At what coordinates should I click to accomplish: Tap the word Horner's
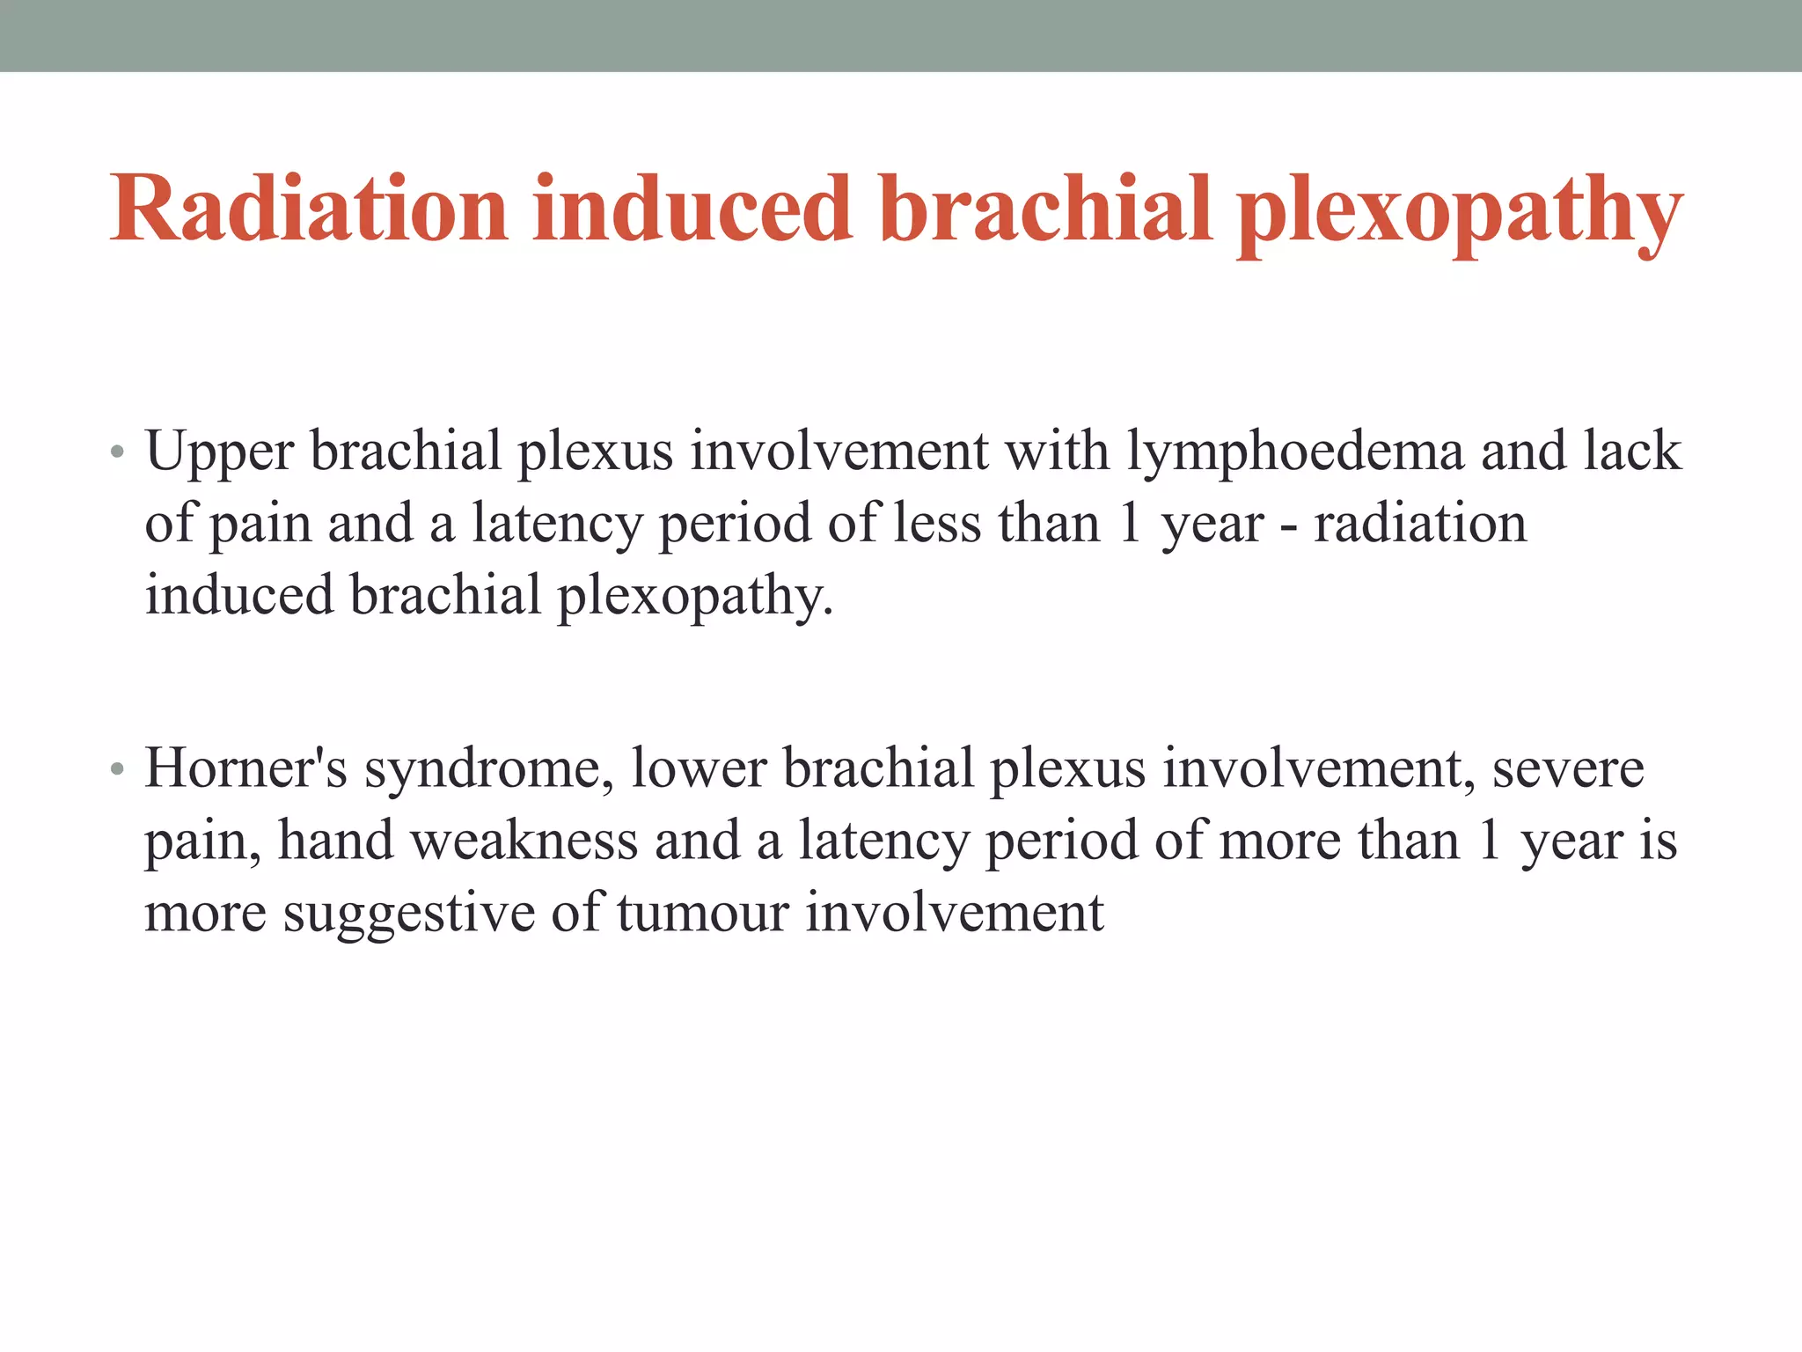(x=246, y=768)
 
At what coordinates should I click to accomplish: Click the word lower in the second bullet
(x=699, y=768)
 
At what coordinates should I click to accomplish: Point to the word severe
(x=1568, y=768)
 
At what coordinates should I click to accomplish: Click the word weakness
(x=524, y=840)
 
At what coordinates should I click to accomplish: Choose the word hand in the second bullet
(x=335, y=840)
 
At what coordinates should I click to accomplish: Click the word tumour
(x=702, y=912)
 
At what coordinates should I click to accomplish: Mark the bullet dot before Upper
(x=118, y=454)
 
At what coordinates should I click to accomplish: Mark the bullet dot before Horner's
(x=118, y=771)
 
